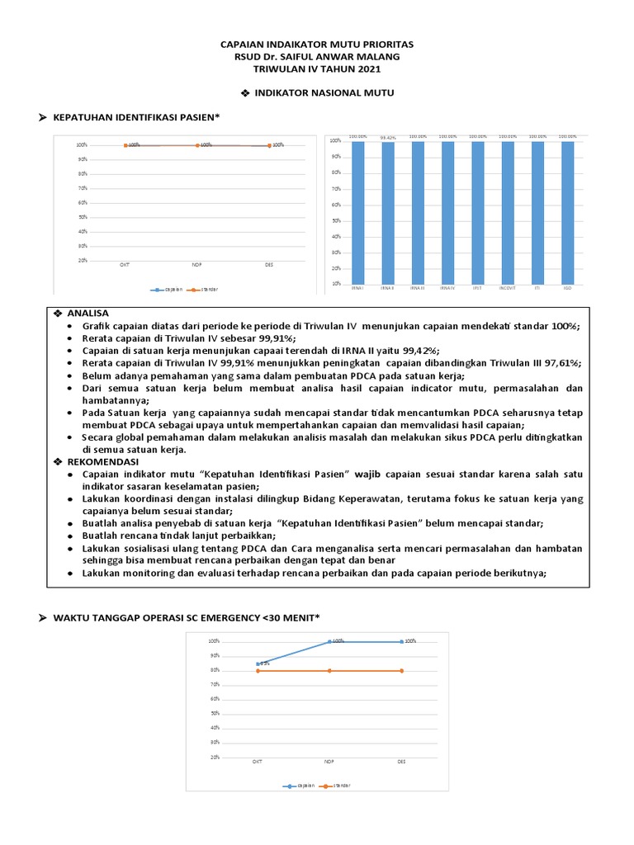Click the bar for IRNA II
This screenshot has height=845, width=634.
pos(388,213)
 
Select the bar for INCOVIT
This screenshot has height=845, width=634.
pos(509,213)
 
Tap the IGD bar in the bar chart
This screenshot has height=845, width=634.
pos(568,213)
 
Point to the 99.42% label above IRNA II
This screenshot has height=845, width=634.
pos(388,138)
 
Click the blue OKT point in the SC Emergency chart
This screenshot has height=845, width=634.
pos(258,663)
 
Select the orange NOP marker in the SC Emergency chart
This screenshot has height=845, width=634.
pos(330,671)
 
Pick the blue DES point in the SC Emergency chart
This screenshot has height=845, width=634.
pos(402,641)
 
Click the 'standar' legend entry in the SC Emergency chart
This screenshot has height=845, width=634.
pos(335,786)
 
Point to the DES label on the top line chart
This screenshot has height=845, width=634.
pos(269,265)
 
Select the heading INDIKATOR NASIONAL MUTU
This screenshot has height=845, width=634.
pos(323,93)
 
